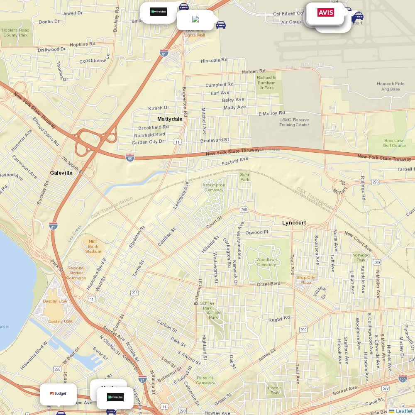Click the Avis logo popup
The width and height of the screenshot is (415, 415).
(x=326, y=13)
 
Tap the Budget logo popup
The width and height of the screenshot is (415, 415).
(x=58, y=394)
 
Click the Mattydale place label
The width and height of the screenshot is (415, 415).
(x=170, y=119)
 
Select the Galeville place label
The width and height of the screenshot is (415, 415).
(x=61, y=173)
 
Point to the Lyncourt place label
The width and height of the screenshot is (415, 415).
(x=294, y=223)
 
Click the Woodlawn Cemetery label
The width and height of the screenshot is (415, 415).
(x=266, y=262)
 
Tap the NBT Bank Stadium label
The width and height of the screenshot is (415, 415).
(x=93, y=246)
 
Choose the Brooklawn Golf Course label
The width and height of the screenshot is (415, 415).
(x=394, y=143)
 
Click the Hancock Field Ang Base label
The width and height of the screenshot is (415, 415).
(x=391, y=86)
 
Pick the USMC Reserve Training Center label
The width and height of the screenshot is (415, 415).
(x=294, y=122)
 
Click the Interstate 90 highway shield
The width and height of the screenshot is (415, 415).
(x=130, y=157)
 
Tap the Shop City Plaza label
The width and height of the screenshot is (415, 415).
(x=306, y=280)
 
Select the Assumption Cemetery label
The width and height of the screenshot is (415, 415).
(x=214, y=188)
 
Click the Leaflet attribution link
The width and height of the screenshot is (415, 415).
(x=404, y=411)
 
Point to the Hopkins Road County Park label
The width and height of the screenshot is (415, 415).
(x=16, y=33)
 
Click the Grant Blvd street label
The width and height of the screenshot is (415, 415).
(x=268, y=284)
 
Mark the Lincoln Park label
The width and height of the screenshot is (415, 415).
(x=275, y=391)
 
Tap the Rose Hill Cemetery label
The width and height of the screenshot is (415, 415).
(x=206, y=381)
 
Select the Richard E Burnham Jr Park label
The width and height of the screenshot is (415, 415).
(x=266, y=83)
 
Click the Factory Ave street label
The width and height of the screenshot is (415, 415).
(x=235, y=161)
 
